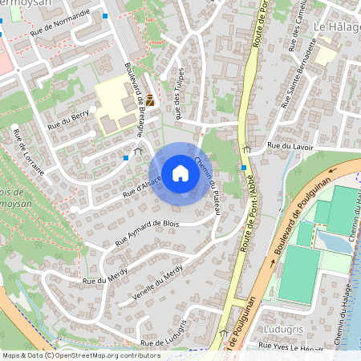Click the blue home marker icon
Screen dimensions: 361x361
(x=180, y=173)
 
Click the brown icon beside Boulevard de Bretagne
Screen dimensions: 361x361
(x=150, y=100)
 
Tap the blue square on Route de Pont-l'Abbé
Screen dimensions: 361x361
(x=244, y=167)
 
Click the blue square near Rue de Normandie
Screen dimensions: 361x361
(x=105, y=15)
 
